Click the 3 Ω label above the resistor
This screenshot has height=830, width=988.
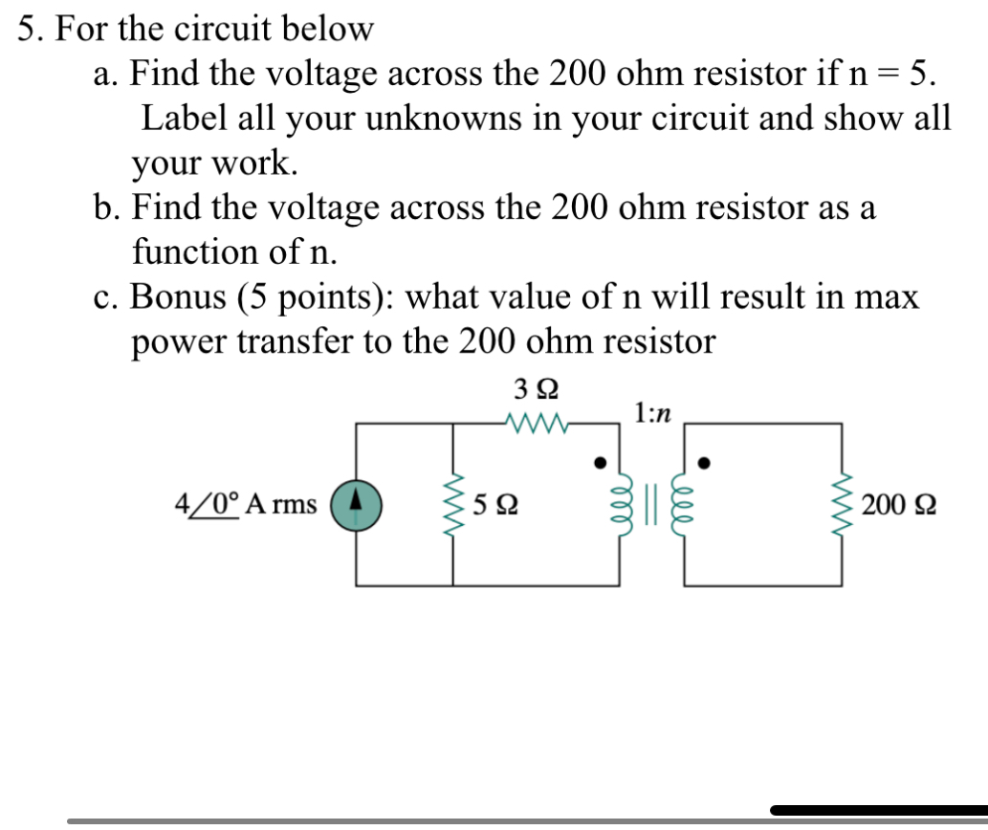pos(536,390)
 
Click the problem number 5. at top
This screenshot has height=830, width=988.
pos(31,30)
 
